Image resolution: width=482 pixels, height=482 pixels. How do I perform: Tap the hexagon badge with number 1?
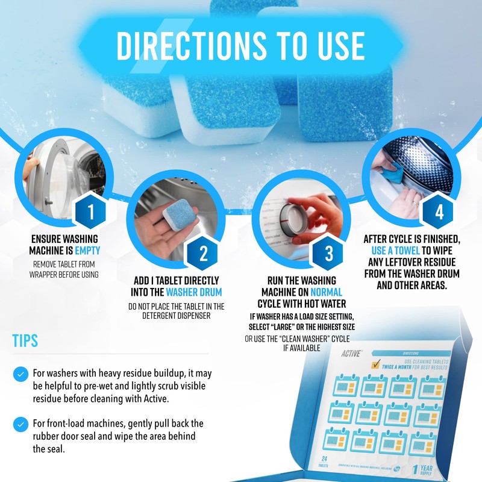click(91, 211)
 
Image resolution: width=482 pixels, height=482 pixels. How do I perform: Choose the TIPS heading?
click(25, 340)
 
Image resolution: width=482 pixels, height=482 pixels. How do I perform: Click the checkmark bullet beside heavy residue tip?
click(20, 374)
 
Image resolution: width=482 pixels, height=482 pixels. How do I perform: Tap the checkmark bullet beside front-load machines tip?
click(20, 423)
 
